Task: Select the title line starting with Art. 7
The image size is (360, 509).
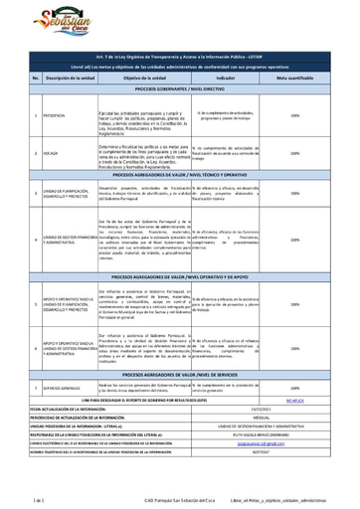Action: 179,60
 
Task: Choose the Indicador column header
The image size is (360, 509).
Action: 227,78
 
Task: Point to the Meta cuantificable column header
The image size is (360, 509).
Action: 295,78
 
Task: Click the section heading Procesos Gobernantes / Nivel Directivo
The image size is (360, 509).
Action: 179,89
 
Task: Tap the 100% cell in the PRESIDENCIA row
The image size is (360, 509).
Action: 295,114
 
